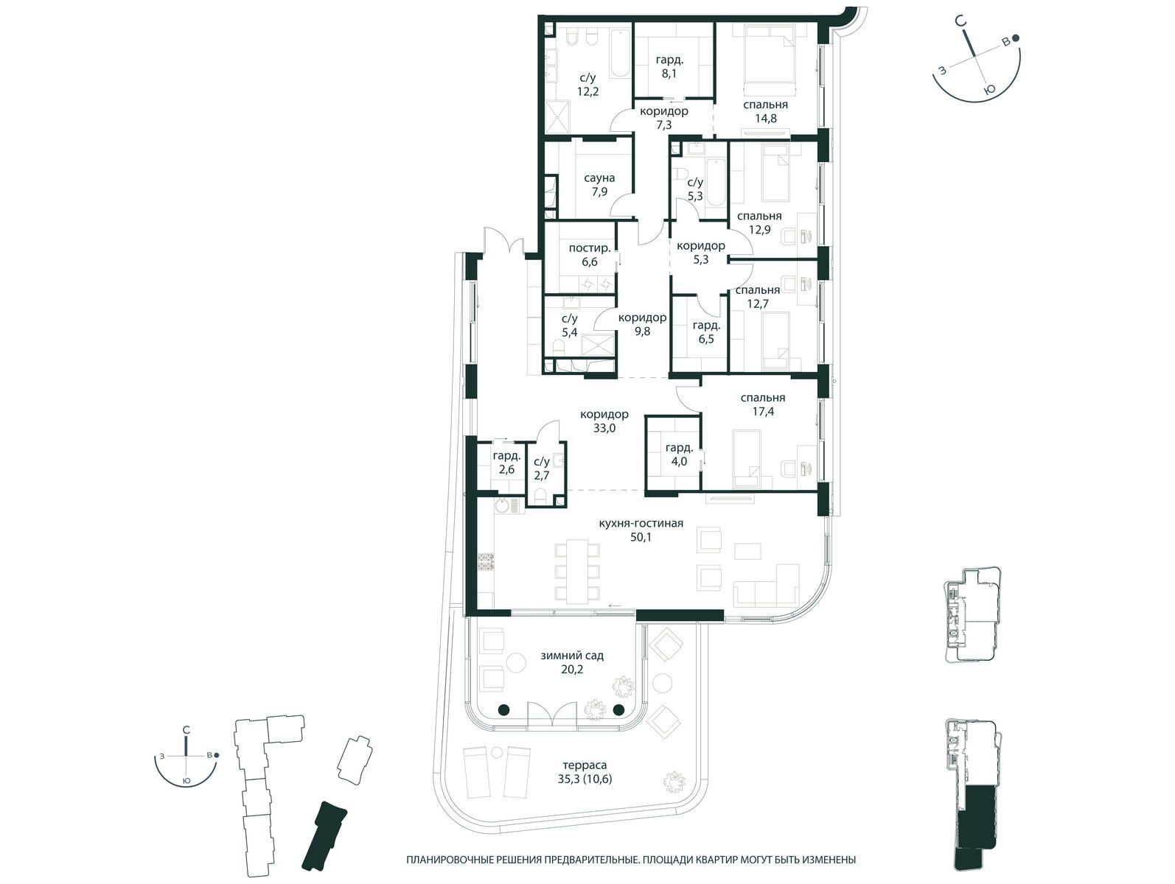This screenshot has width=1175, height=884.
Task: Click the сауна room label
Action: (599, 178)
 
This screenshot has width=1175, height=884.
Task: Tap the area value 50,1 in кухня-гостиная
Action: (641, 538)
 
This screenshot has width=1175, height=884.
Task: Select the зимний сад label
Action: (572, 655)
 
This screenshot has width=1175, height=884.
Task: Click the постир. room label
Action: (590, 248)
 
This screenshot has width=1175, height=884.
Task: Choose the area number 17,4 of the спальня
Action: (763, 412)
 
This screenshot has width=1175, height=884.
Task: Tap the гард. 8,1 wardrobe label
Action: (669, 66)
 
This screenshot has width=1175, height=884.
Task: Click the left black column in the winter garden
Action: (503, 710)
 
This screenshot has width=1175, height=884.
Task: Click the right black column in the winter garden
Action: (618, 710)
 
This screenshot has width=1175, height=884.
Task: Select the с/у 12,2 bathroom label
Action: (587, 85)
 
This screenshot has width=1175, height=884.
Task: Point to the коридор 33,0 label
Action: (604, 421)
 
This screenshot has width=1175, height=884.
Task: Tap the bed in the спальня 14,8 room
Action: (768, 55)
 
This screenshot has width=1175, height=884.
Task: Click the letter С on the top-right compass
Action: (961, 36)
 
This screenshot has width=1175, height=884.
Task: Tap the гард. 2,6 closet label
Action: (506, 463)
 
